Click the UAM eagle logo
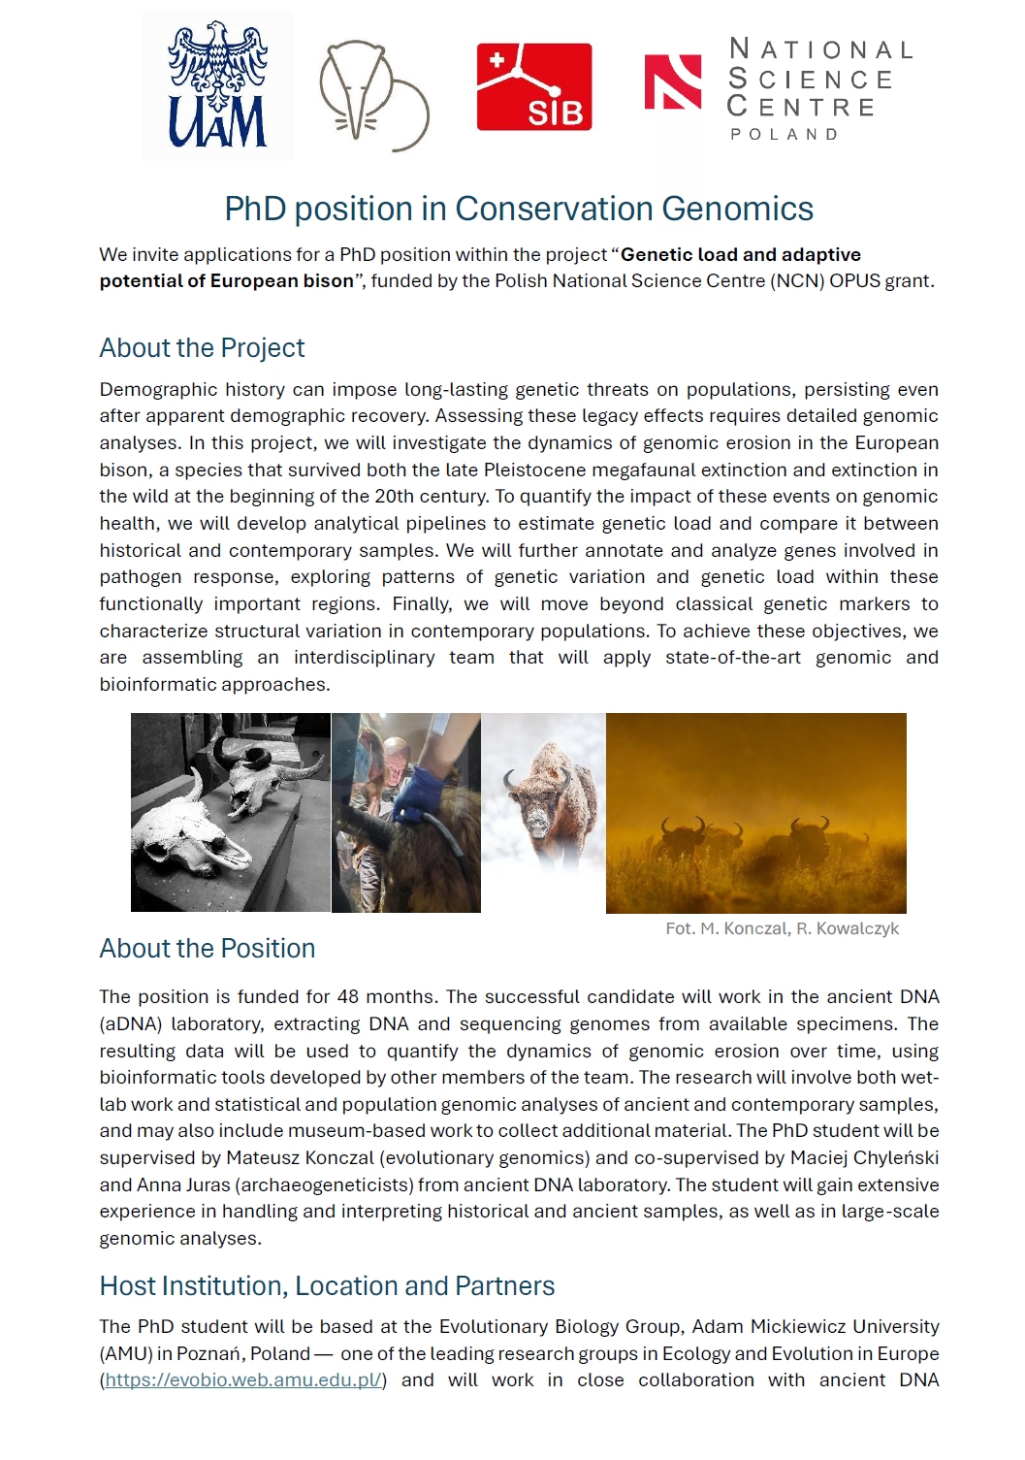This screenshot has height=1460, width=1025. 217,85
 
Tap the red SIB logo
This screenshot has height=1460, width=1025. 533,86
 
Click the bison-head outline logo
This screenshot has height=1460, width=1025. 373,95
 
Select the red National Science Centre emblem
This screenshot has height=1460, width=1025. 672,81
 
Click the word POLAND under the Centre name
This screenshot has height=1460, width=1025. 785,134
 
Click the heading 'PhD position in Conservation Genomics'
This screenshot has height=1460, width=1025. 519,209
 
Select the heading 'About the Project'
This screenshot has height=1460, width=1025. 202,347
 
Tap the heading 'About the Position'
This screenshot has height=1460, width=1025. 208,948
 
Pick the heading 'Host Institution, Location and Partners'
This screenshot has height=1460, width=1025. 327,1285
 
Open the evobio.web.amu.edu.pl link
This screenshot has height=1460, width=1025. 244,1379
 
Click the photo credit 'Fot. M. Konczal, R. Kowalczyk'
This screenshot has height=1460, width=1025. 782,928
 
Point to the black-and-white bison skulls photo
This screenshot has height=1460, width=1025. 230,812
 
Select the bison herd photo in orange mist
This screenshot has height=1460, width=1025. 755,813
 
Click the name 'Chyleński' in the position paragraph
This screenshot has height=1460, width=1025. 896,1157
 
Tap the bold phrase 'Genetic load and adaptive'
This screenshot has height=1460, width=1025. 741,254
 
